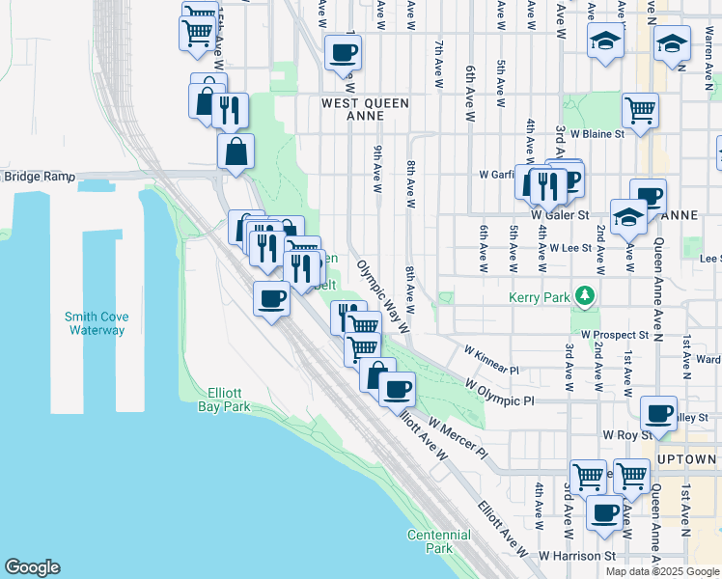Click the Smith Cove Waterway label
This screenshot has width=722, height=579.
(96, 322)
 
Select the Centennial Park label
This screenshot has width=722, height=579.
(438, 541)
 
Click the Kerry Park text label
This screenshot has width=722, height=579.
(540, 298)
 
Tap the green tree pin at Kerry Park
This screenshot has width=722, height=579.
(583, 294)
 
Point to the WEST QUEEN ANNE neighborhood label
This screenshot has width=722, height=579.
(365, 109)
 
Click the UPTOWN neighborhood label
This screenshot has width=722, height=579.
(685, 459)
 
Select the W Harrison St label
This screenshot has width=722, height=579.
(577, 556)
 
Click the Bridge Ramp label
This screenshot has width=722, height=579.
(39, 177)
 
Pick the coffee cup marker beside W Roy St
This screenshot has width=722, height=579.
(659, 414)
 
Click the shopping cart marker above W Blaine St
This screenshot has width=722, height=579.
(640, 112)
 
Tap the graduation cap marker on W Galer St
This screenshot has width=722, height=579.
(628, 217)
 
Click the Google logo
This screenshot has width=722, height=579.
(32, 567)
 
